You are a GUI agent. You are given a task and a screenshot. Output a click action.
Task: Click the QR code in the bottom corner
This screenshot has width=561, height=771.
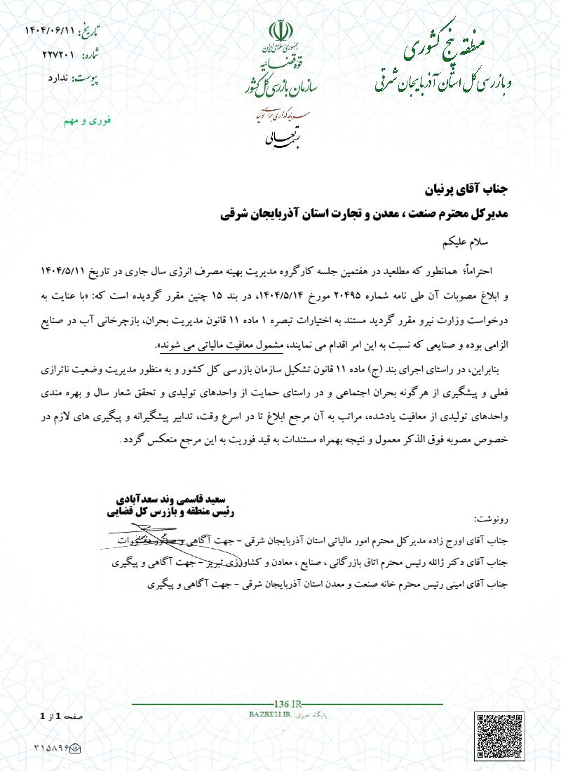(x=504, y=739)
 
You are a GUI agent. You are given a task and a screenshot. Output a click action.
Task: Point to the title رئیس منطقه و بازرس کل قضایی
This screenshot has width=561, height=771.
(x=170, y=512)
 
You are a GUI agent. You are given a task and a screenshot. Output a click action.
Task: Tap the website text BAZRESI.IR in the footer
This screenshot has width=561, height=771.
(x=269, y=713)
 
